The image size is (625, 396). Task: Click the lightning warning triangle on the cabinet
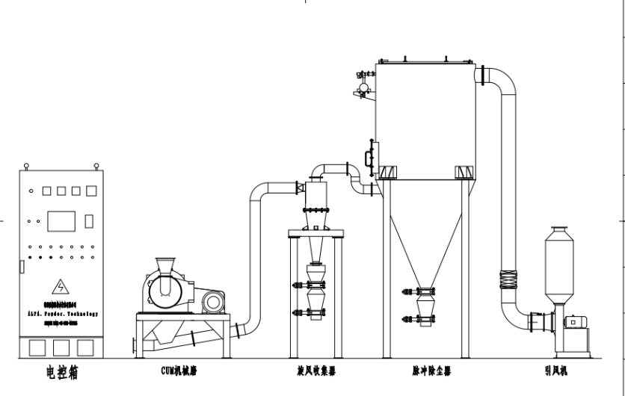point(59,287)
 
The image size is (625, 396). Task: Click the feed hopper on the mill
point(166,267)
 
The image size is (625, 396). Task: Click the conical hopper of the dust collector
point(426,247)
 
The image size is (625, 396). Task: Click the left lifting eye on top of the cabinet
point(27,166)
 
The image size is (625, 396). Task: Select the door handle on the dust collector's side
point(368,158)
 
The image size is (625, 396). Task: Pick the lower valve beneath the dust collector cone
point(426,320)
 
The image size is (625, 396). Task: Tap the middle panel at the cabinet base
point(61,347)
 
